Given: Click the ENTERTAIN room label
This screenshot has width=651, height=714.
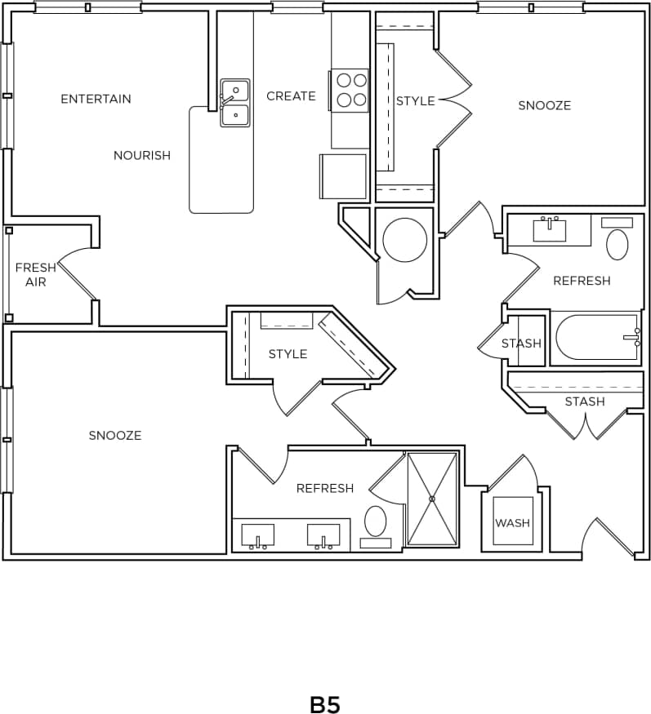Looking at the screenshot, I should [96, 99].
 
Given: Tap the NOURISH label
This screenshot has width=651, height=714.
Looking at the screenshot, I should [142, 155].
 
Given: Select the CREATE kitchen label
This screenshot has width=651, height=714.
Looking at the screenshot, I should [291, 95].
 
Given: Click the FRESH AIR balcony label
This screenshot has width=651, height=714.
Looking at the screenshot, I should [35, 274].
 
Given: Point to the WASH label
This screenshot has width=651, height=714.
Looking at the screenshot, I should [512, 523].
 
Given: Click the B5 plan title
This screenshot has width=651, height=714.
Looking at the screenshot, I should [324, 704].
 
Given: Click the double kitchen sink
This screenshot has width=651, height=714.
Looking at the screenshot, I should [235, 103].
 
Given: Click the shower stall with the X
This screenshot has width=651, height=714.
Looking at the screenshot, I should [432, 499].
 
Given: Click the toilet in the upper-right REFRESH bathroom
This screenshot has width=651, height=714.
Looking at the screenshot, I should [618, 244].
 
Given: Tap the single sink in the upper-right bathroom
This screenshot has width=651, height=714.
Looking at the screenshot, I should [550, 230].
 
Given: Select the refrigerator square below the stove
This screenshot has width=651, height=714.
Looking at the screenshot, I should [343, 175].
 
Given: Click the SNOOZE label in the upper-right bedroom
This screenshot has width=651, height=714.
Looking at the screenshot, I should [544, 105].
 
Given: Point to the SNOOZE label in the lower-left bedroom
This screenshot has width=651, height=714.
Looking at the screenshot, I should [115, 435].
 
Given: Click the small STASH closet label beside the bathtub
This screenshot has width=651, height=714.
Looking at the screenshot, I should [521, 343].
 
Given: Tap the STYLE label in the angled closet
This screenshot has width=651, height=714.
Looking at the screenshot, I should [288, 353].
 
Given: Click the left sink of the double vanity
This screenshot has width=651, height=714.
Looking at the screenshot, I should [257, 536].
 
